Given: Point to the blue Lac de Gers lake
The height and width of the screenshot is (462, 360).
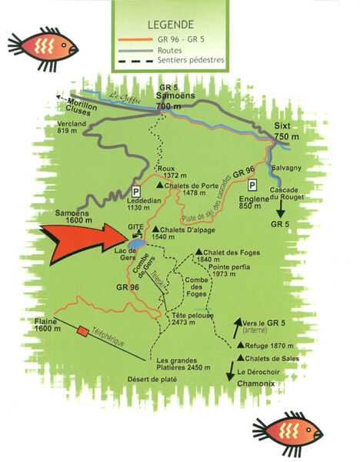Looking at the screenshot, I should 138,243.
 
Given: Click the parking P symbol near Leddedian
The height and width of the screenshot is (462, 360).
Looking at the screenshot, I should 136,190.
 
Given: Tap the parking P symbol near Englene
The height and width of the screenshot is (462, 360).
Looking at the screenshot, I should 252,186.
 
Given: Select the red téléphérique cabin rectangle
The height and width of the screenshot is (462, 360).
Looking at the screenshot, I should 83,331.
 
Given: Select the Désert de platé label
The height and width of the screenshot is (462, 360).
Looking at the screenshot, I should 176,379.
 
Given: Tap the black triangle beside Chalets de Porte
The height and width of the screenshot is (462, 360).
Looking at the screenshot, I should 159,186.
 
